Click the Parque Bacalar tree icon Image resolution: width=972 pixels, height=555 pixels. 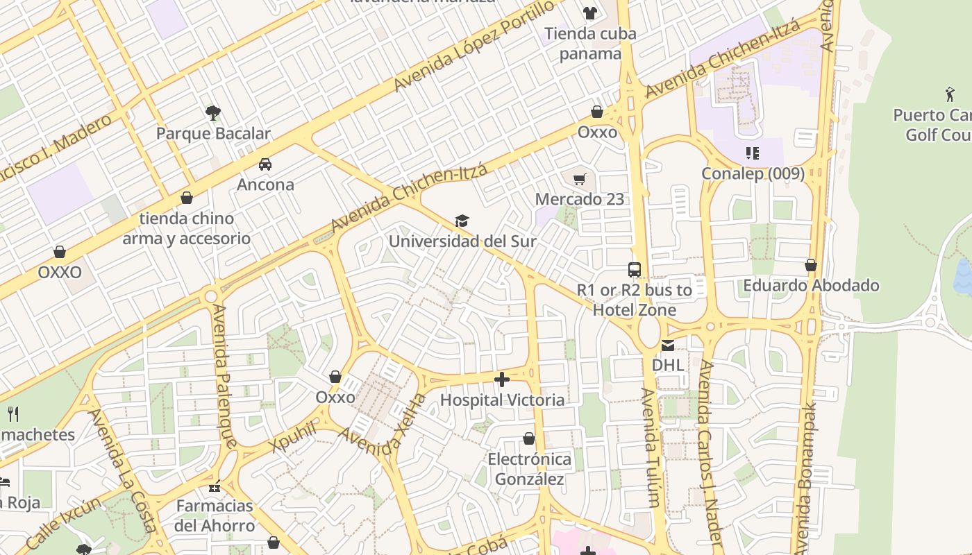click(x=213, y=112)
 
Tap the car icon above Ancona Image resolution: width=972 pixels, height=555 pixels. click(x=265, y=164)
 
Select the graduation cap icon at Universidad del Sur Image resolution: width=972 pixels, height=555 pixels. click(x=462, y=221)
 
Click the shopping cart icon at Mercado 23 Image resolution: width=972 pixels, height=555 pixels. click(x=580, y=179)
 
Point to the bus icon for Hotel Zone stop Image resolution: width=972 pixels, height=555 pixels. click(x=635, y=270)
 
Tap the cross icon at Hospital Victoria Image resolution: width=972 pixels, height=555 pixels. click(x=502, y=379)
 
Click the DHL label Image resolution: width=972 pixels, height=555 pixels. click(x=667, y=364)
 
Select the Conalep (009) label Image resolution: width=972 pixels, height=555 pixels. click(x=753, y=173)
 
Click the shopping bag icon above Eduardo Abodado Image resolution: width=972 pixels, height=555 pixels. click(x=811, y=265)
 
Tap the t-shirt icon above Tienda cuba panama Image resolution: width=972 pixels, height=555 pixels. click(x=590, y=12)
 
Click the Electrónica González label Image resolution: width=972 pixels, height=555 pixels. click(x=529, y=469)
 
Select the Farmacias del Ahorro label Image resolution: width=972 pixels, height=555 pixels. click(x=215, y=515)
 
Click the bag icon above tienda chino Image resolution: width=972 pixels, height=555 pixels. click(x=186, y=198)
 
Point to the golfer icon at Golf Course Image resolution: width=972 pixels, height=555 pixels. click(x=949, y=94)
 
